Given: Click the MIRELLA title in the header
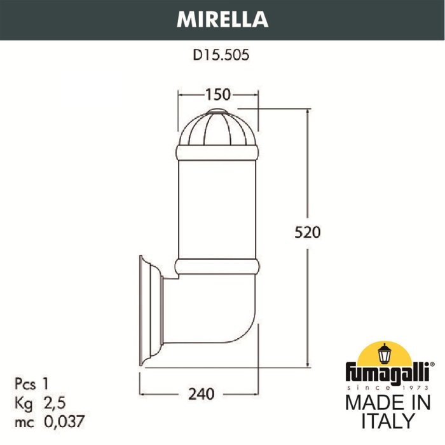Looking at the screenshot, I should [x=222, y=20].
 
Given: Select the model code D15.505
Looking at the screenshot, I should [x=221, y=55].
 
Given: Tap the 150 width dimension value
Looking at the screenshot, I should [x=217, y=95].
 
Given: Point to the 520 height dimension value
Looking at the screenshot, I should [x=308, y=231].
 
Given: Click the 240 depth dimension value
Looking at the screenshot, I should [x=200, y=394].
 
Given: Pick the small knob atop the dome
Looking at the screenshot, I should [x=218, y=112].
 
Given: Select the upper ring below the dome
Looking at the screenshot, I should [x=218, y=153].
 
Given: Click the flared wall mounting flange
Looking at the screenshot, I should [x=147, y=311].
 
